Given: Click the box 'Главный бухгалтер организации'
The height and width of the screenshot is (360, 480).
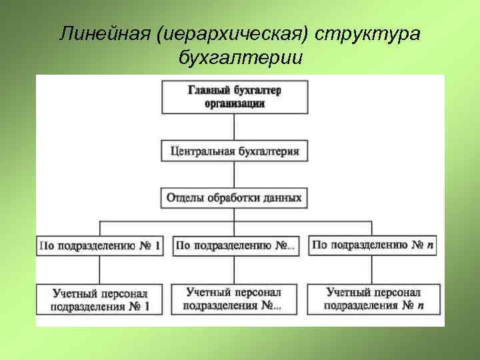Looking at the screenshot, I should (233, 97).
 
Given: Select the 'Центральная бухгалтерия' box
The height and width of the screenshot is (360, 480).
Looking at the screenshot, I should (233, 151).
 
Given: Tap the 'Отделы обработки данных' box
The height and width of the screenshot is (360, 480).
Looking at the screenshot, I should (233, 198).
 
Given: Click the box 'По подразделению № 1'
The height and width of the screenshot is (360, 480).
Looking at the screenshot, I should (100, 245).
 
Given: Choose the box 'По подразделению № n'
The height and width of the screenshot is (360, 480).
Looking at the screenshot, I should (373, 245).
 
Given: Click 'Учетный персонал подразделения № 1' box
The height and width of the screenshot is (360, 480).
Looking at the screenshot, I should (100, 300).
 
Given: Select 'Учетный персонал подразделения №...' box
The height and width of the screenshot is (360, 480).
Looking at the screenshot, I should (234, 299).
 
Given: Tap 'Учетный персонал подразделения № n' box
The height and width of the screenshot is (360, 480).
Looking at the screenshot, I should (373, 299).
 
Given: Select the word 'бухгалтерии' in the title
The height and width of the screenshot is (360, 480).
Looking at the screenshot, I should (240, 58).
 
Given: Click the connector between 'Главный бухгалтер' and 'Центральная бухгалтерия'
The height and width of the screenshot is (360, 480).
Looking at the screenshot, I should (233, 126).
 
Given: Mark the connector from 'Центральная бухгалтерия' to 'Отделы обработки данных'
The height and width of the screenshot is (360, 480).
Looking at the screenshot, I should (233, 175).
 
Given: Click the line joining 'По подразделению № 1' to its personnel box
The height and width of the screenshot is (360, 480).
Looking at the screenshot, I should (100, 269).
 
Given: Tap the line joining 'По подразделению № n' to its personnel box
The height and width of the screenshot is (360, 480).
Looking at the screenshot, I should (373, 269).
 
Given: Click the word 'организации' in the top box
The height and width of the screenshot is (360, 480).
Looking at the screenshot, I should (233, 103).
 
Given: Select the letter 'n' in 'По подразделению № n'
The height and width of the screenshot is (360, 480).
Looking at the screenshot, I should (430, 245).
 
